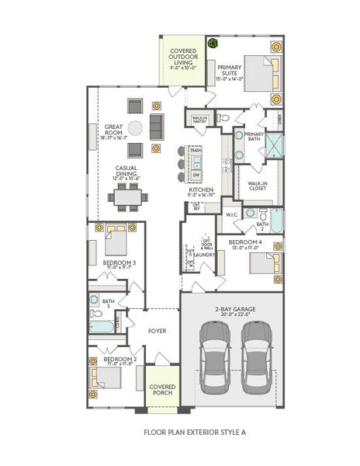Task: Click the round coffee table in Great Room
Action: (x=136, y=128)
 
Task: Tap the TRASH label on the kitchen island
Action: (x=196, y=150)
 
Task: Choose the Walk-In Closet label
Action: (x=258, y=186)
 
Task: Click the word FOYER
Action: (x=157, y=331)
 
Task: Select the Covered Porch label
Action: (x=162, y=389)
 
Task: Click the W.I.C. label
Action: (x=231, y=214)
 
